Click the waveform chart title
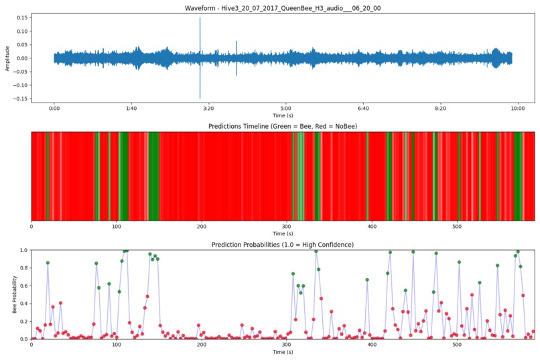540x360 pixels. (283, 8)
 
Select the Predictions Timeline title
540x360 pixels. (283, 126)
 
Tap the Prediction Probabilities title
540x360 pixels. (283, 245)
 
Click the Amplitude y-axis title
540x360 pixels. (7, 58)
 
